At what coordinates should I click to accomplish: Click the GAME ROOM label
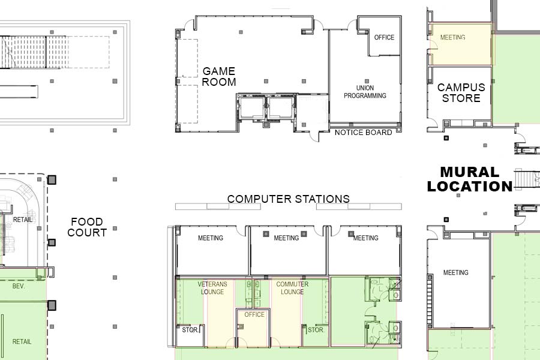(218, 76)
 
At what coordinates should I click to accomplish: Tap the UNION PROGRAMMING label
(365, 92)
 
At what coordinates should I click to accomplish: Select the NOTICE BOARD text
(364, 132)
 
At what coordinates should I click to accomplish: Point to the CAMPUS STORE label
(461, 92)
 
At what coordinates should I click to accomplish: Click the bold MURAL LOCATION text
(470, 179)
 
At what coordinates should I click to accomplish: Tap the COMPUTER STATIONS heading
(289, 199)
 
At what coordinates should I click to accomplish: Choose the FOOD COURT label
(87, 227)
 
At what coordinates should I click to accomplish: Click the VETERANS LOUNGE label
(212, 288)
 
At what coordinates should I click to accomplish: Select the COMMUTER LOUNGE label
(292, 288)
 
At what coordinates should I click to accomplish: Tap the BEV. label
(19, 286)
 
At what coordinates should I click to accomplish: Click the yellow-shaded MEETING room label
(453, 37)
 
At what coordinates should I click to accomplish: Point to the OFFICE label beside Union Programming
(385, 37)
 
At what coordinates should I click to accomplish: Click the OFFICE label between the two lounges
(254, 314)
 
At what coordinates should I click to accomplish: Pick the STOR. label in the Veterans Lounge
(190, 329)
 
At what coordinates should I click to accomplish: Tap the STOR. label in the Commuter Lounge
(316, 329)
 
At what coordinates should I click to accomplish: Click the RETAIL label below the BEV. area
(22, 342)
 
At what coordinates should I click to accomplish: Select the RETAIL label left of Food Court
(22, 220)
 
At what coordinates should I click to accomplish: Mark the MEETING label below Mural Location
(455, 272)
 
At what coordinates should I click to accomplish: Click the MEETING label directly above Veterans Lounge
(211, 238)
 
